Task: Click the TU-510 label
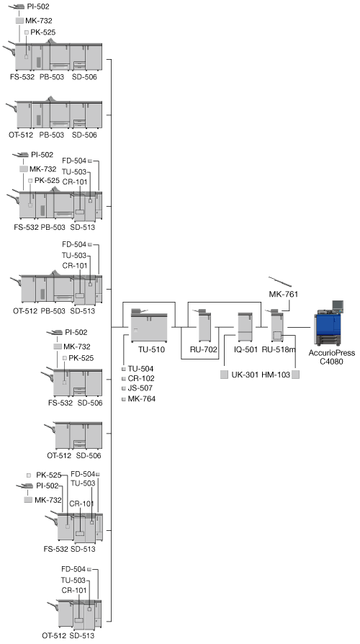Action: point(151,350)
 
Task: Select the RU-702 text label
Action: point(203,350)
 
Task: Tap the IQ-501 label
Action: point(246,350)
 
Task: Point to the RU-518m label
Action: point(279,350)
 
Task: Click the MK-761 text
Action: point(283,294)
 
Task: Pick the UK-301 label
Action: point(244,375)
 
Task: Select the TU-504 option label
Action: point(141,369)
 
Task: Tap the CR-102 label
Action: point(141,378)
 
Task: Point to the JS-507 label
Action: point(140,388)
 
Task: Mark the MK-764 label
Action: point(142,398)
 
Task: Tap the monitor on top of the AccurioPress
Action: point(338,305)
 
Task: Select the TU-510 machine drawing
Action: point(149,326)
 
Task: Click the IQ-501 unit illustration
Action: point(245,327)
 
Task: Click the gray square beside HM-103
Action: point(295,375)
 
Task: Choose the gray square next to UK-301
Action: point(224,375)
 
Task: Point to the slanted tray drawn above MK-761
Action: point(280,282)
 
